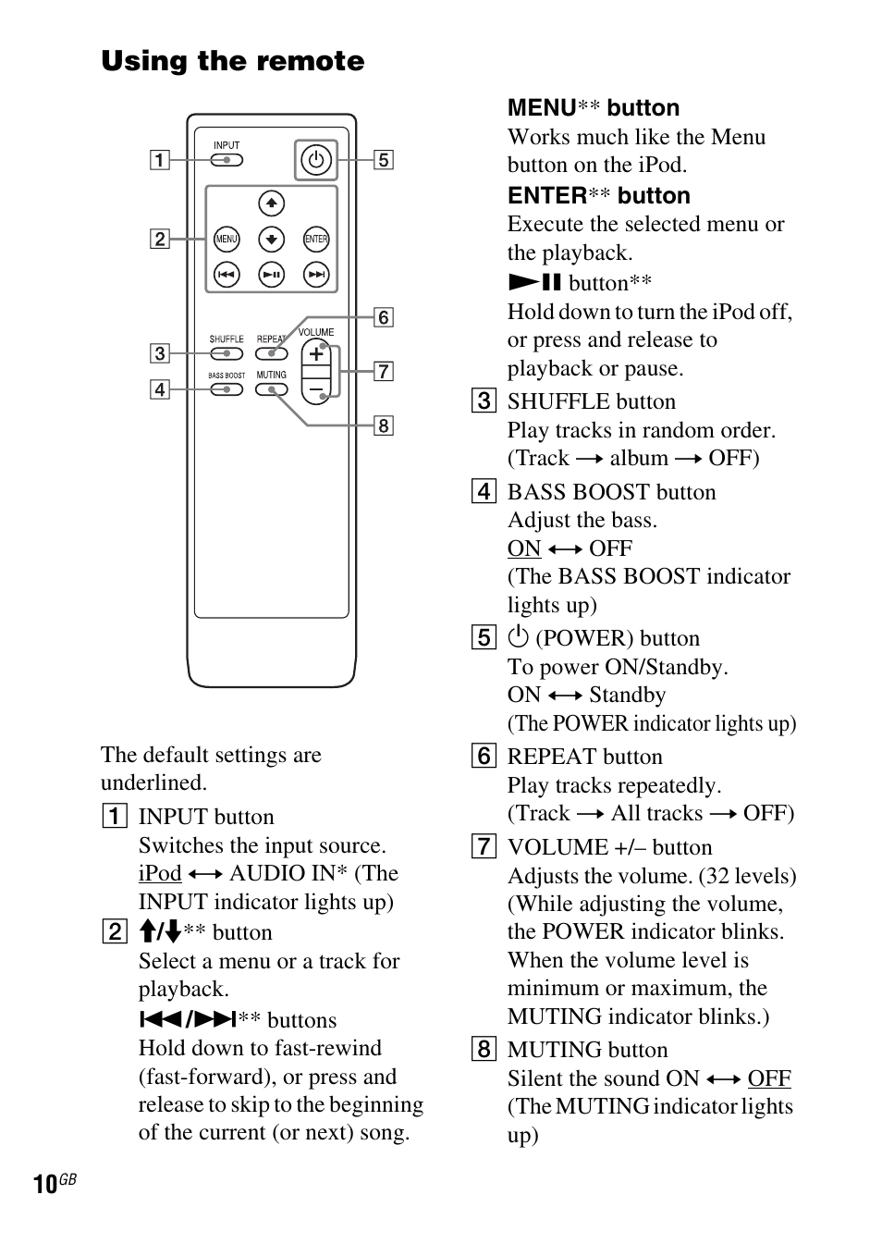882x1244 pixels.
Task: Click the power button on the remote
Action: point(316,160)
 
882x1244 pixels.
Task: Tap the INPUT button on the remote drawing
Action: point(227,160)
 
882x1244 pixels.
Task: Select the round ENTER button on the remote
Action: point(316,240)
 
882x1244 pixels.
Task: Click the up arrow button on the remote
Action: point(271,203)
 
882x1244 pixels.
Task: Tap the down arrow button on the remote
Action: point(271,240)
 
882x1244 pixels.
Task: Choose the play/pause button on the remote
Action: point(271,275)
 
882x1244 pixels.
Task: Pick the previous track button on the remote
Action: point(227,275)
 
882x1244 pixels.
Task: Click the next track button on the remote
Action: point(316,275)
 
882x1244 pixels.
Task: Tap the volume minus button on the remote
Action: point(316,388)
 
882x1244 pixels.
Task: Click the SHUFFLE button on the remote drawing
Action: point(227,353)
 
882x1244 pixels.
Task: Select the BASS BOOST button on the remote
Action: point(227,389)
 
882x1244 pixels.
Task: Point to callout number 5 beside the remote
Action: point(383,160)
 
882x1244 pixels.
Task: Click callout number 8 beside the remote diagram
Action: point(383,425)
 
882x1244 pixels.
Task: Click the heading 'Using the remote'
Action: point(233,62)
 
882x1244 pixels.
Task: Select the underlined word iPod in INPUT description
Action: point(160,873)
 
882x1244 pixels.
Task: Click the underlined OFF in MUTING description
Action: point(769,1078)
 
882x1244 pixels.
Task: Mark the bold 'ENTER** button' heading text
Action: point(598,196)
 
